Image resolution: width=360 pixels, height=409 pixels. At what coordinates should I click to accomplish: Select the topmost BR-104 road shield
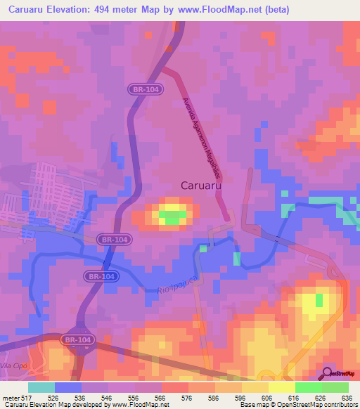(x=146, y=89)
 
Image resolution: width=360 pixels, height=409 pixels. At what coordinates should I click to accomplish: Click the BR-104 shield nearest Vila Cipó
(x=77, y=339)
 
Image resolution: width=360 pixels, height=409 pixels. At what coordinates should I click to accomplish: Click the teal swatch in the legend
(x=41, y=387)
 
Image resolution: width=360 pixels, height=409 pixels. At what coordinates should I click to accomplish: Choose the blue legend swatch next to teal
(x=68, y=387)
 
